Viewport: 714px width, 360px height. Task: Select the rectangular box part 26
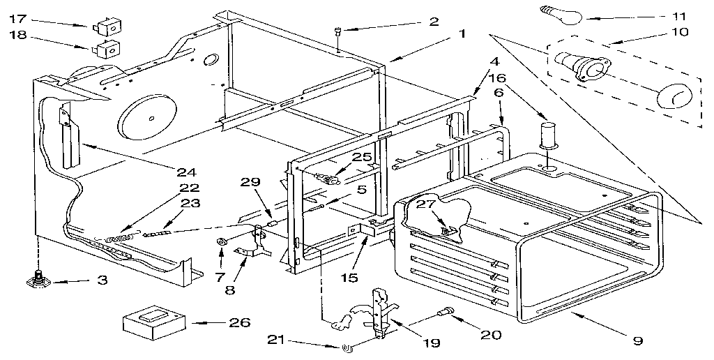[153, 323]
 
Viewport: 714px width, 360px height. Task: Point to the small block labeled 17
[109, 29]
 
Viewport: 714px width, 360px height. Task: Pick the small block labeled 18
[109, 50]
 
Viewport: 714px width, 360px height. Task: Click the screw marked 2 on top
[337, 31]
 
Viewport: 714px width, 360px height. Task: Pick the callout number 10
[678, 31]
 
